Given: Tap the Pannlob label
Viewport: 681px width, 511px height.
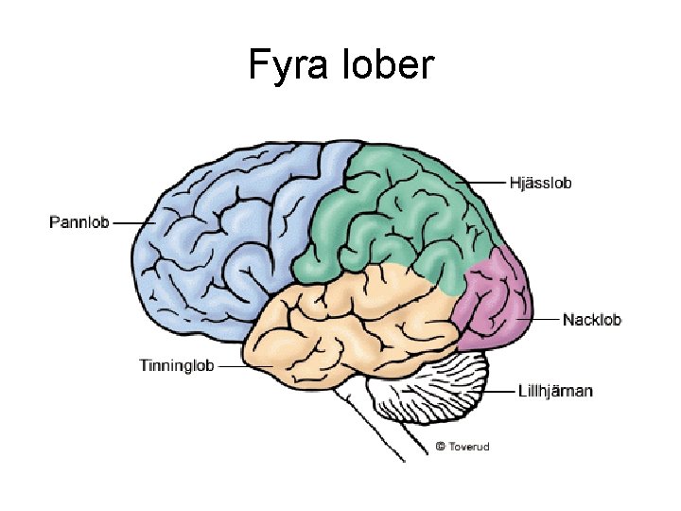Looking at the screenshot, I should pos(79,223).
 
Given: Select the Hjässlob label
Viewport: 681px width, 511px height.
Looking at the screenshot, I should pos(540,182).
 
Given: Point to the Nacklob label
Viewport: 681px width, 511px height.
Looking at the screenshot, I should pos(591,320).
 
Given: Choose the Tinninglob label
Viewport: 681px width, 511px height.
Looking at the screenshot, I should pos(176,365).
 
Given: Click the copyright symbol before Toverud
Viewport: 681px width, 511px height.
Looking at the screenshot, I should pos(440,446).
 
